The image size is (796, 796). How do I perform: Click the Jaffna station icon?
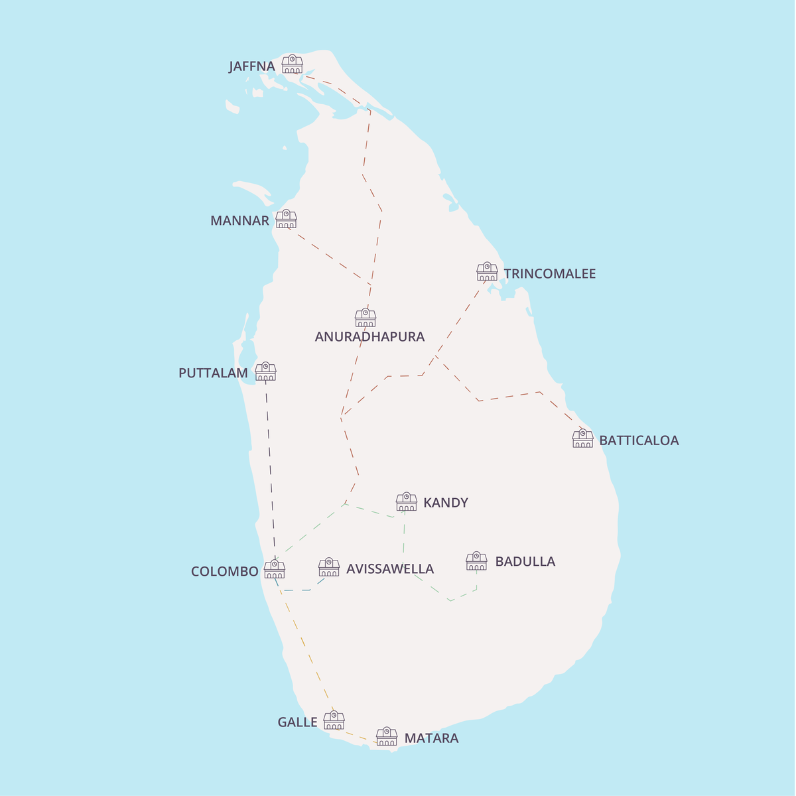coord(293,64)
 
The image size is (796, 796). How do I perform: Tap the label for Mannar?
coord(239,221)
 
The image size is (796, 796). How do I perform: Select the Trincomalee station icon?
coord(487,272)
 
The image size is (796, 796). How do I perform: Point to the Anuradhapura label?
coord(369,337)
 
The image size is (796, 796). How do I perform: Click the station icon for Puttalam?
coord(265,371)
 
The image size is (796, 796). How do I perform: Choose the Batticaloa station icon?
coord(582,438)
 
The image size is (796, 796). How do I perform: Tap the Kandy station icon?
coord(407,501)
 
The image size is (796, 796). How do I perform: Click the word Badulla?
coord(525,562)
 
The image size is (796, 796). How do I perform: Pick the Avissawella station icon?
coord(329,567)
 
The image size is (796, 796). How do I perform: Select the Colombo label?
coord(224,572)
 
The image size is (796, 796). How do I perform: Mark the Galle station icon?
coord(334,720)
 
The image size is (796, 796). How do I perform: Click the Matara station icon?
coord(387,737)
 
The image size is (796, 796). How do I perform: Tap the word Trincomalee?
coord(549,274)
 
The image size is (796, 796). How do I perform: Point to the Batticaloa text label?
coord(639,440)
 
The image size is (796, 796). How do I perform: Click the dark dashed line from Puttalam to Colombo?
coord(270,464)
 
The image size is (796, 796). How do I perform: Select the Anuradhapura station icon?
coord(365,318)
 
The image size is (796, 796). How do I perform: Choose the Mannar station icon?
coord(287,219)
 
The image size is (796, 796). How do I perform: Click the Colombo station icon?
coord(275,569)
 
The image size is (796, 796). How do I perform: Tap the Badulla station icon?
coord(476,561)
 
